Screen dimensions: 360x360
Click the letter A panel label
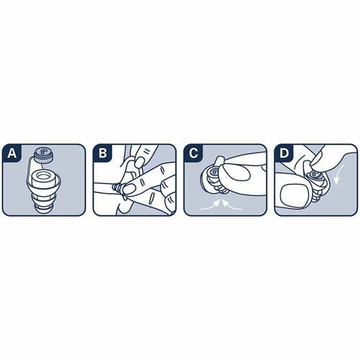pyautogui.click(x=12, y=153)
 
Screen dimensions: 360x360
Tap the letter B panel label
pyautogui.click(x=103, y=153)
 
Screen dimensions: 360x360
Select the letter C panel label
pyautogui.click(x=193, y=153)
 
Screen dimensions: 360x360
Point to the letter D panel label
pyautogui.click(x=284, y=153)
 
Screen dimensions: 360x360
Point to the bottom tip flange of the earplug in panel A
pyautogui.click(x=44, y=208)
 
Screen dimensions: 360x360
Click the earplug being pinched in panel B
pyautogui.click(x=118, y=187)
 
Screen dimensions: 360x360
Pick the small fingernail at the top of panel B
pyautogui.click(x=138, y=163)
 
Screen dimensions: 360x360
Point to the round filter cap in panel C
pyautogui.click(x=213, y=172)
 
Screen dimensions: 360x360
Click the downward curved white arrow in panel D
pyautogui.click(x=339, y=175)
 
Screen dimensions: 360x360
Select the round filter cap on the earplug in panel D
pyautogui.click(x=314, y=175)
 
